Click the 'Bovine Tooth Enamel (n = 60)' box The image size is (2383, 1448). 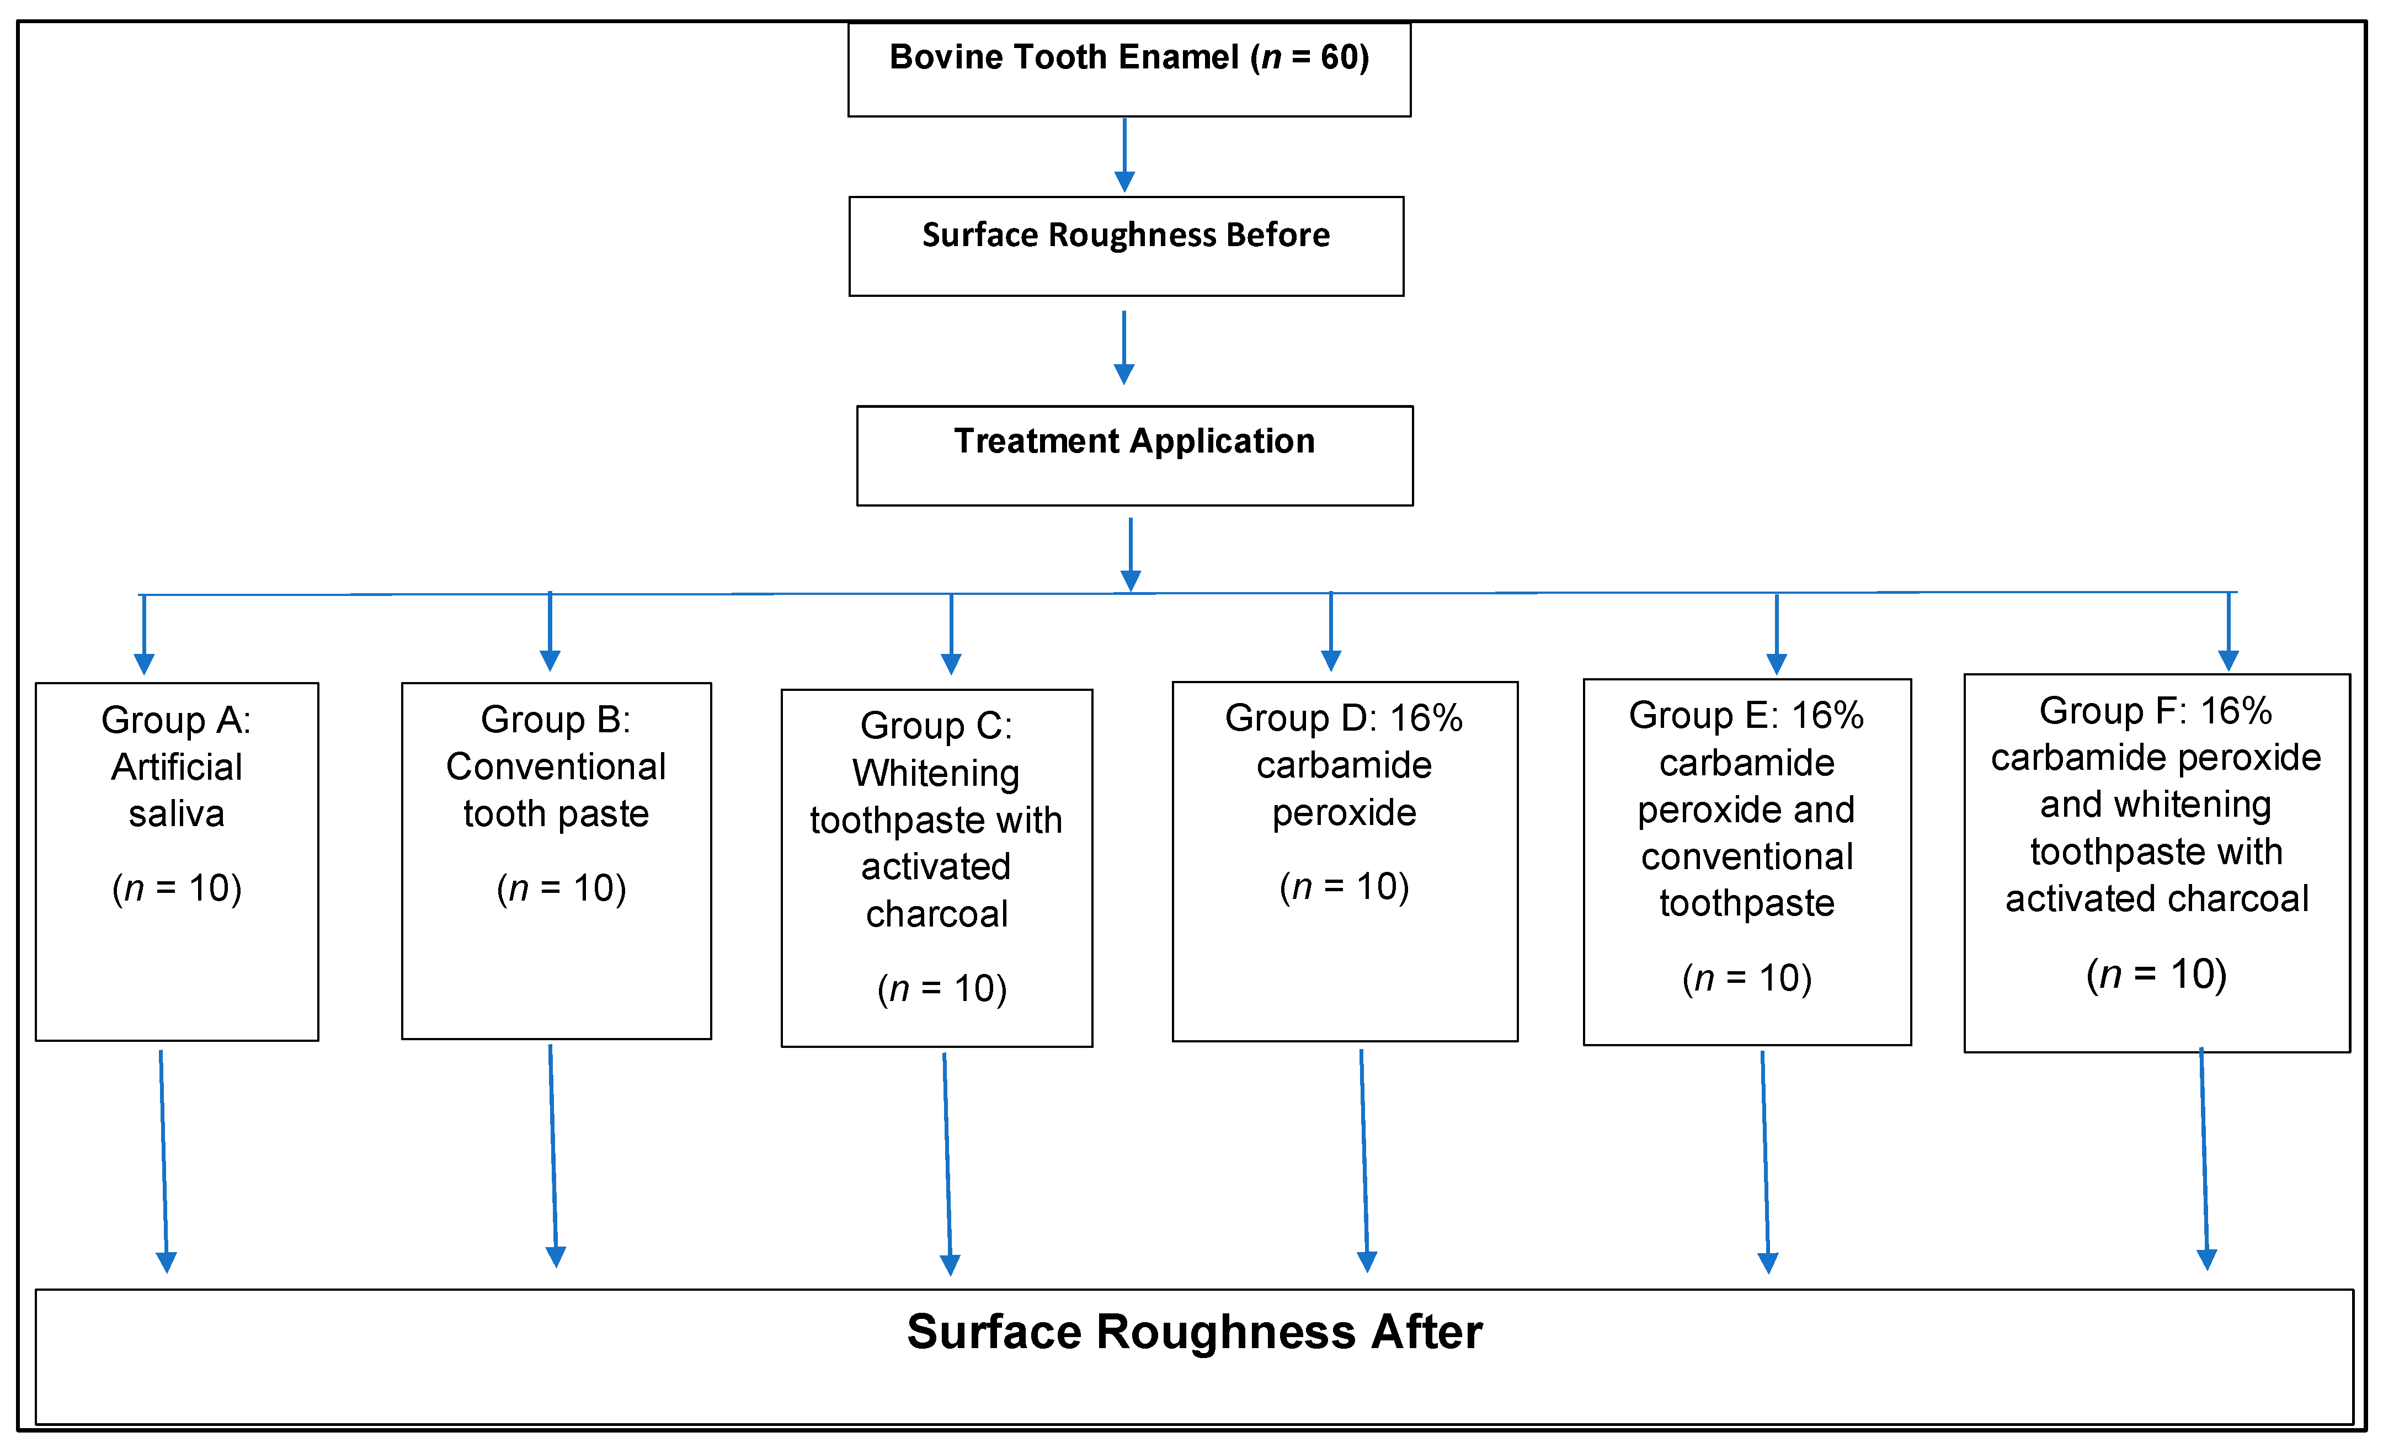coord(1129,70)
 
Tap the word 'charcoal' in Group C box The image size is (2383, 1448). coord(936,913)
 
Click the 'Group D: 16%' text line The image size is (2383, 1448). coord(1344,718)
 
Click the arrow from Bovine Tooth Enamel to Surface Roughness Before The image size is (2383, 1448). coord(1124,155)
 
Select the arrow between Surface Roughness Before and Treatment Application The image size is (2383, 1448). coord(1124,347)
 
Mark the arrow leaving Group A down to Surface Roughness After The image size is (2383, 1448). coord(163,1160)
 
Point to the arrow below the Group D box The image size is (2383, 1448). coord(1364,1160)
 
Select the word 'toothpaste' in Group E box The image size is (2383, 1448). coord(1747,902)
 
